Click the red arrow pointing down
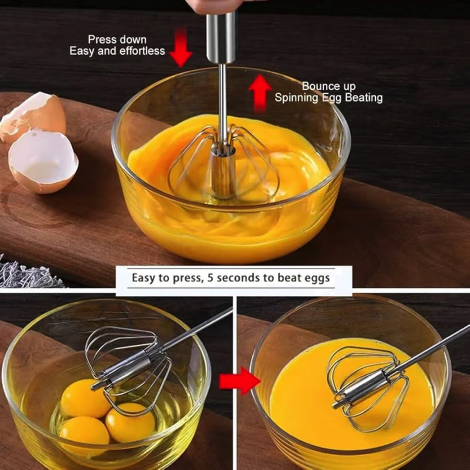pos(181,48)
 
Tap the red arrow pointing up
pos(260,93)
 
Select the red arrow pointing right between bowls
pos(240,381)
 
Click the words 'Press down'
pos(117,40)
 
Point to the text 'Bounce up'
pos(329,86)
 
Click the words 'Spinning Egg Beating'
pos(329,98)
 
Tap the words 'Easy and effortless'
pos(117,51)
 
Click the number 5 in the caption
pos(210,278)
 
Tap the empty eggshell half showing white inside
pos(43,161)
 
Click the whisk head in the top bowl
pos(224,164)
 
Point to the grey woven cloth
pos(29,274)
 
